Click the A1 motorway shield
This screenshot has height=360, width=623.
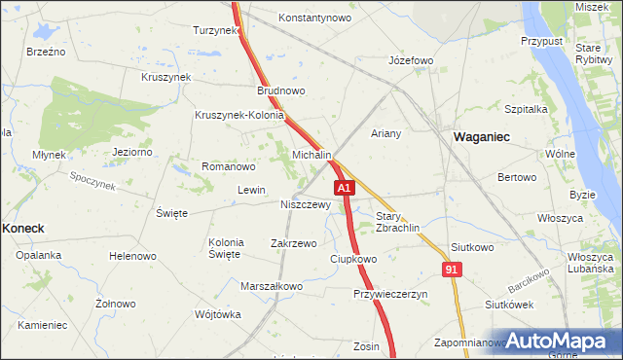(x=344, y=187)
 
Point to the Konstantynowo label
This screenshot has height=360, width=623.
(x=314, y=18)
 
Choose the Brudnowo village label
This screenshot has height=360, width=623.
(x=281, y=90)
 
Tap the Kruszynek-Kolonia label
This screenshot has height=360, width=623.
(x=239, y=115)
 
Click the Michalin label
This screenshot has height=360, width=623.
(x=312, y=156)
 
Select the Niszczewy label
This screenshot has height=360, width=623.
(x=306, y=205)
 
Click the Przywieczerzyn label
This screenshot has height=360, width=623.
(x=390, y=294)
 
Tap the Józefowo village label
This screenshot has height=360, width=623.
(x=410, y=60)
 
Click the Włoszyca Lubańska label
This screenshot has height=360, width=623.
(x=590, y=262)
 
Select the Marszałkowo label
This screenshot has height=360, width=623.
(x=272, y=287)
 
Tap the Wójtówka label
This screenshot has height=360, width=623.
(x=217, y=314)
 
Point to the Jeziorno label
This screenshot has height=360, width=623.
(x=132, y=152)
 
